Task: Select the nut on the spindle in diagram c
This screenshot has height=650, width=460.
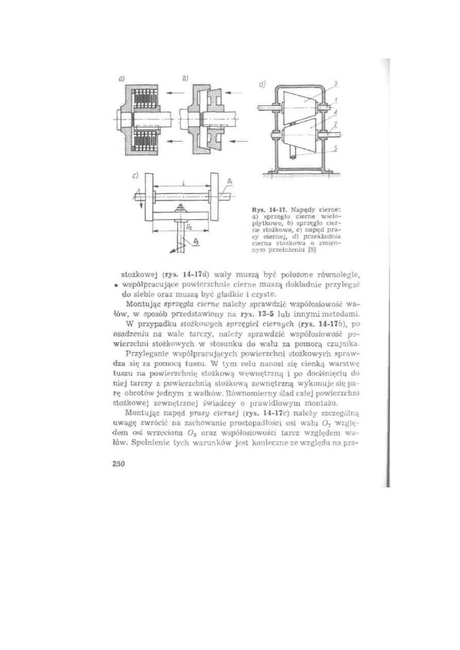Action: pyautogui.click(x=181, y=207)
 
